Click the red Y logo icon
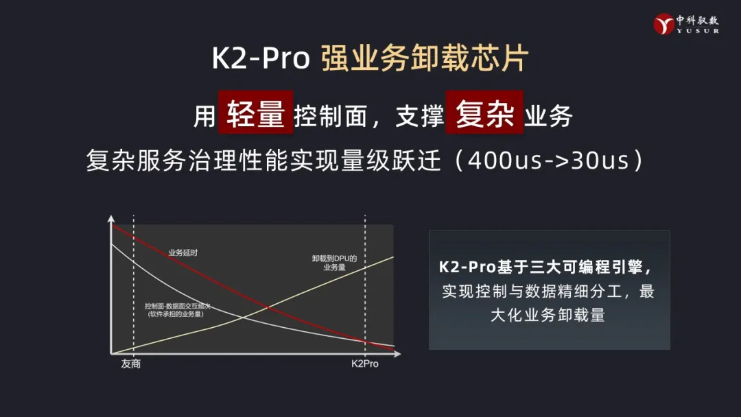tap(663, 23)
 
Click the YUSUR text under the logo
tap(698, 31)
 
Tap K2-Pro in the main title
tap(261, 58)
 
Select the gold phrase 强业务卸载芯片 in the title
tap(425, 58)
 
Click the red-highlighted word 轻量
tap(256, 113)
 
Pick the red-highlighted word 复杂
tap(484, 113)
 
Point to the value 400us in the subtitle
tap(505, 160)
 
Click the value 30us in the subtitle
tap(600, 160)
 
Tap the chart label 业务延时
tap(183, 252)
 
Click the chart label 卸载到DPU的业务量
tap(334, 263)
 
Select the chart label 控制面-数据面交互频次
tap(178, 306)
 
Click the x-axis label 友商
tap(131, 364)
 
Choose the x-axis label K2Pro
tap(365, 364)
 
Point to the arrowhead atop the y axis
tap(111, 219)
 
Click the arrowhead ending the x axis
tap(397, 353)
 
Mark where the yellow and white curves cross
tap(243, 317)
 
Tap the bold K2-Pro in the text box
tap(467, 267)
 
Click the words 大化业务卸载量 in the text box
tap(548, 315)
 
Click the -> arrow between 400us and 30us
tap(556, 161)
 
